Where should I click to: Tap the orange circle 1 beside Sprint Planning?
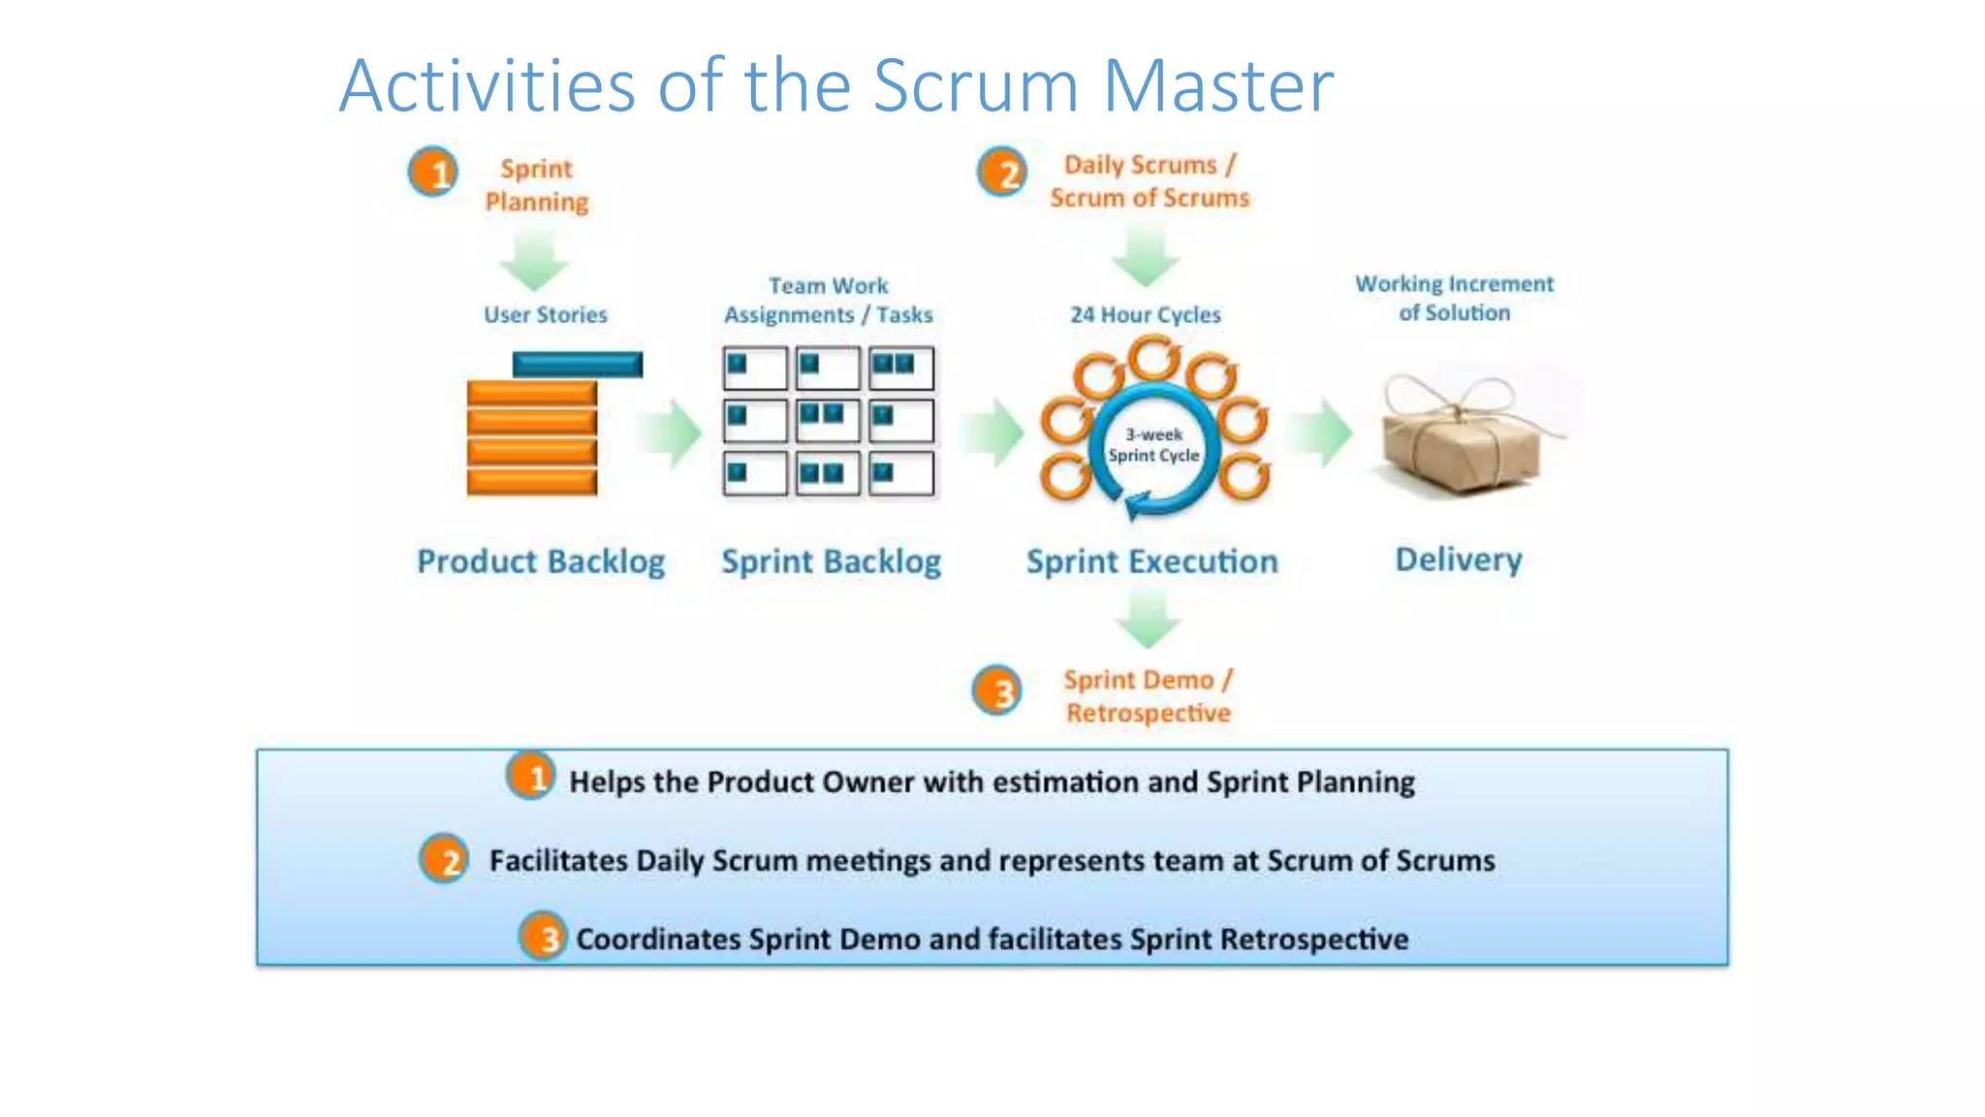[432, 174]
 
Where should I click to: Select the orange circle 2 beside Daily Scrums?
[1001, 174]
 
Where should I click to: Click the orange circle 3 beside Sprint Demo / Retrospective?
[997, 691]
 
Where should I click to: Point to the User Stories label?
[545, 314]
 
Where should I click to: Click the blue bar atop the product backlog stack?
[577, 365]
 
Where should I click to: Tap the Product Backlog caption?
[541, 561]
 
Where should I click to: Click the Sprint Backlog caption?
[831, 561]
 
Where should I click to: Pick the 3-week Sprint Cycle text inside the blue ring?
[1153, 445]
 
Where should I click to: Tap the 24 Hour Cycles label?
[1145, 314]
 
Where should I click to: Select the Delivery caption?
[1458, 559]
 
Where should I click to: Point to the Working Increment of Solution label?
[1454, 298]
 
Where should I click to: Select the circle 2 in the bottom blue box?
[445, 859]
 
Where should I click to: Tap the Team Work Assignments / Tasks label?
[829, 300]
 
